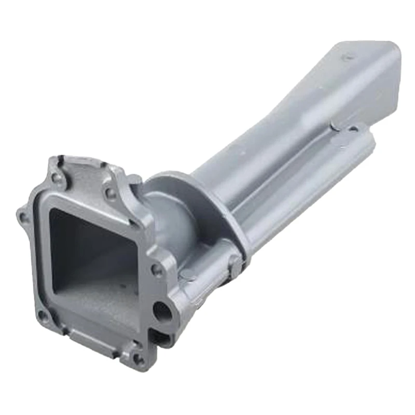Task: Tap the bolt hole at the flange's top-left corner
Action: [58, 178]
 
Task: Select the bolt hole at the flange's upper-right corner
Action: [110, 194]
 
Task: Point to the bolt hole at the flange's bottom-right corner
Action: [138, 357]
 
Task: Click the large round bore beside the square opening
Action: [162, 312]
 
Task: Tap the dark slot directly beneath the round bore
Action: [162, 338]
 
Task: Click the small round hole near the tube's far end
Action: [354, 128]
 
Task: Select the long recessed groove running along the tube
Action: [290, 156]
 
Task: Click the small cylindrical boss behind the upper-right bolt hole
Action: [133, 181]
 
